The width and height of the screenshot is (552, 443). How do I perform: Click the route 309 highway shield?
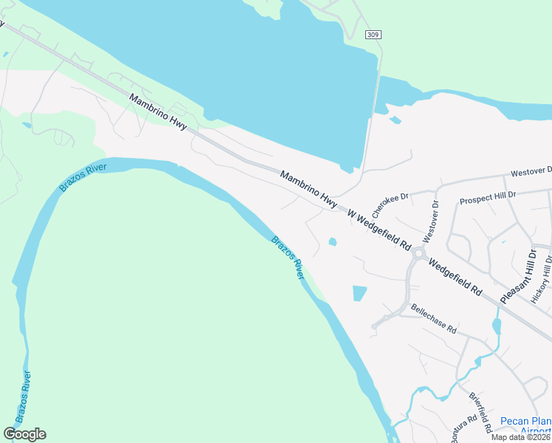373,35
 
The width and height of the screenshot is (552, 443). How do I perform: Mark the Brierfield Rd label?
481,412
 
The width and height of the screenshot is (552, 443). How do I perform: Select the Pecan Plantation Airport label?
525,426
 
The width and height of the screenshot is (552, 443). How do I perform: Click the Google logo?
24,434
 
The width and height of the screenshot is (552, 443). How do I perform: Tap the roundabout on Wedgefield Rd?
419,253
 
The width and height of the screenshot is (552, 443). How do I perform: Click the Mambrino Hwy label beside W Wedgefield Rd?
308,188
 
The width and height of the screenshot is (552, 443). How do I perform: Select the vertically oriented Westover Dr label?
431,222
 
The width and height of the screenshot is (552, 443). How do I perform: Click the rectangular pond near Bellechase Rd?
359,293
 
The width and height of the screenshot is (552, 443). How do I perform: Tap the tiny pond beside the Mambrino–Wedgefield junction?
332,241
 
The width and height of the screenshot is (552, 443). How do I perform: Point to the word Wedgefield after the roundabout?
455,277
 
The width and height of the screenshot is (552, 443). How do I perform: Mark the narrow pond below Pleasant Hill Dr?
496,325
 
